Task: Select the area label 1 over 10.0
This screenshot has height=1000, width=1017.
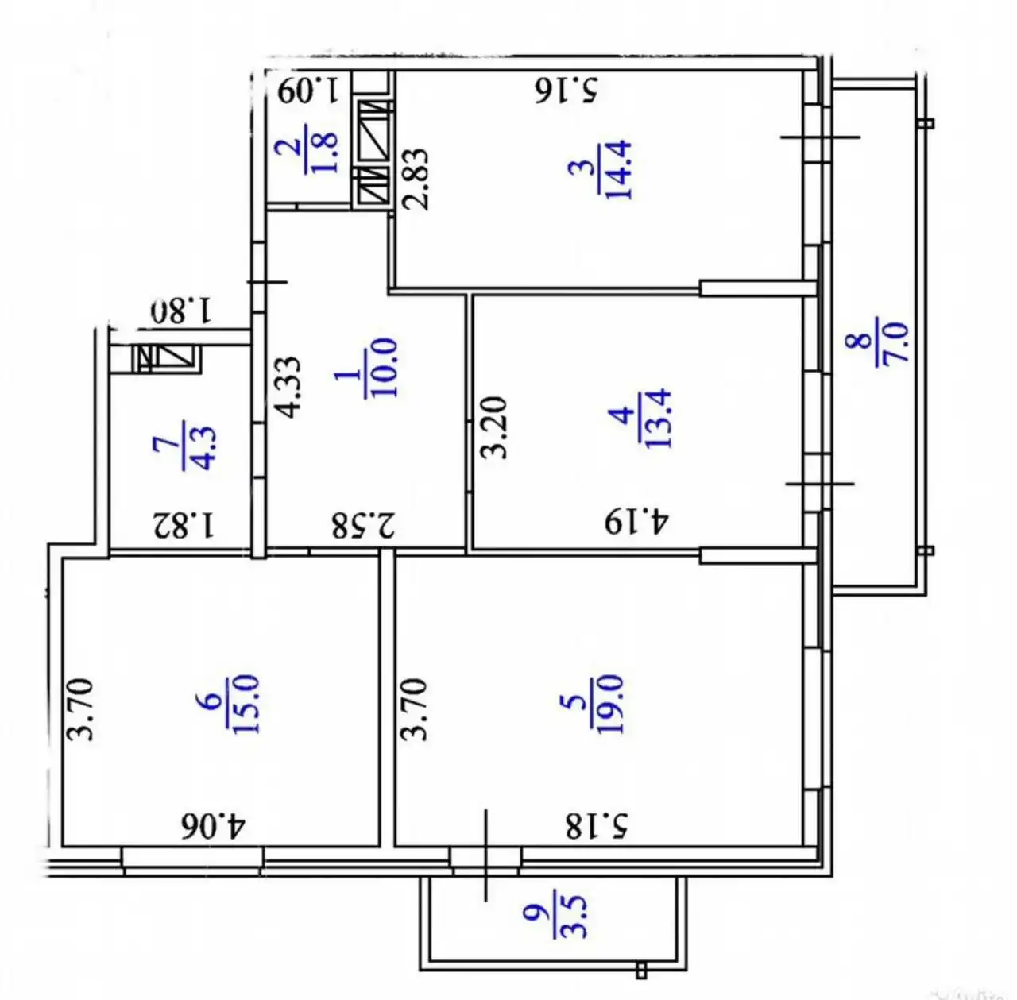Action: coord(368,368)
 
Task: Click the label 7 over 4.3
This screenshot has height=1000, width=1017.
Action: coord(186,446)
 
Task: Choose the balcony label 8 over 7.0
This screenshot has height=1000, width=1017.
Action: coord(877,341)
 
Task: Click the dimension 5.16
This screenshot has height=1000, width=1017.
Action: coord(567,90)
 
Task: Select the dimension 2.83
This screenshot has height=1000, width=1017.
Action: coord(416,179)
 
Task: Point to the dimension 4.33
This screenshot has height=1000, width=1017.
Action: coord(288,387)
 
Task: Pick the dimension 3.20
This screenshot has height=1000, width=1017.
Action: coord(493,427)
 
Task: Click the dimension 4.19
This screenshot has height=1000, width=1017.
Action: coord(637,522)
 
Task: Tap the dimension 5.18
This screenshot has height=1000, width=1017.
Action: coord(597,826)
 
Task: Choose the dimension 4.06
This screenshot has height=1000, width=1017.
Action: coord(213,826)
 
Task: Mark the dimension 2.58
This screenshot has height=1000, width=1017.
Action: coord(363,525)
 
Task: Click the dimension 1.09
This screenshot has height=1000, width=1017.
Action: coord(308,90)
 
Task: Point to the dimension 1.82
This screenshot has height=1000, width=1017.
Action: coord(183,525)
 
